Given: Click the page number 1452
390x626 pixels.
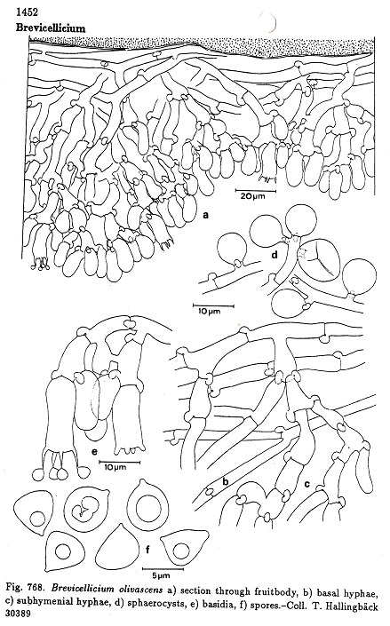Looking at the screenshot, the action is (28, 12).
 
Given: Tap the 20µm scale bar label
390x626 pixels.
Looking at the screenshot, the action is (252, 196).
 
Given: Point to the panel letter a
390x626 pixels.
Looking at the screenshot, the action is (206, 216).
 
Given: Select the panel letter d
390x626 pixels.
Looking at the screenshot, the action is (275, 254).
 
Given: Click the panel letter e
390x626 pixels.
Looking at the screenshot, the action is (95, 452).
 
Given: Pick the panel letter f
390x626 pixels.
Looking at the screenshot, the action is (147, 551).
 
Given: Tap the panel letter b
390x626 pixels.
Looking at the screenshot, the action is (225, 482).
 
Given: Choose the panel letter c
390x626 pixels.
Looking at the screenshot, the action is (306, 485).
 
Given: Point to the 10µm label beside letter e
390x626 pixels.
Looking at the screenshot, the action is (115, 467).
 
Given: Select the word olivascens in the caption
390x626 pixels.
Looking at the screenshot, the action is (139, 590).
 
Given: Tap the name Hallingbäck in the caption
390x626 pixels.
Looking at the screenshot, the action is (350, 603).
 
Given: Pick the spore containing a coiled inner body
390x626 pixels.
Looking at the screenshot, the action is (87, 507).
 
